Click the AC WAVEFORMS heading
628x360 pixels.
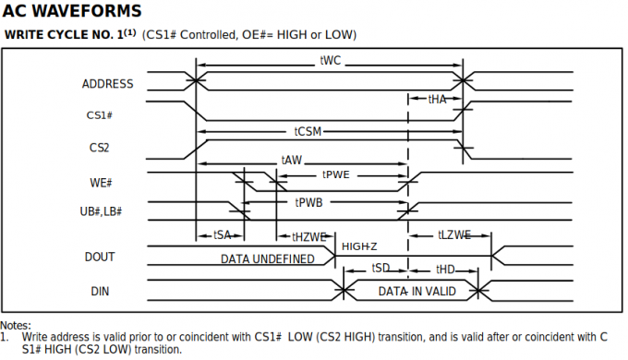point(72,12)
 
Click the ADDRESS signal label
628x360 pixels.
point(107,84)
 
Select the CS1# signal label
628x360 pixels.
point(99,115)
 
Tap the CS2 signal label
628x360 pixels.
point(100,147)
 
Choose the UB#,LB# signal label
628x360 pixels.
point(102,212)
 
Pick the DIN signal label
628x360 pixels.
point(100,292)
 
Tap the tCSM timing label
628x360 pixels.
point(308,131)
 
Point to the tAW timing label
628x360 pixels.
point(291,160)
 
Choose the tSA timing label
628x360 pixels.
point(222,235)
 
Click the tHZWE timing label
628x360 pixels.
point(309,236)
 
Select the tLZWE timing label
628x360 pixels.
point(454,235)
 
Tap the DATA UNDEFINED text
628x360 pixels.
point(267,258)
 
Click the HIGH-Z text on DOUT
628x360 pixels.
point(359,246)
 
